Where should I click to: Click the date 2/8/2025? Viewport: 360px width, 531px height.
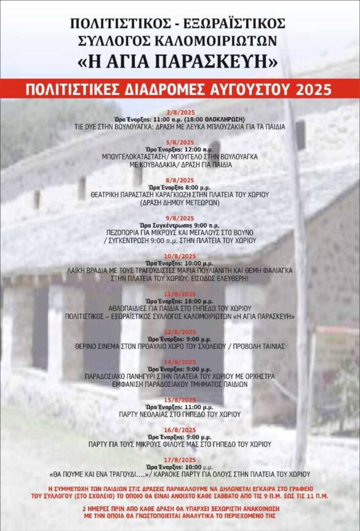[x=180, y=112]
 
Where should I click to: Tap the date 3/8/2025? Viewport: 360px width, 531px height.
[x=180, y=142]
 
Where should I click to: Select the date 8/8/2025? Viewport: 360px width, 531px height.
[x=180, y=180]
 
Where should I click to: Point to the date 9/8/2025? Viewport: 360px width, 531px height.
[x=180, y=217]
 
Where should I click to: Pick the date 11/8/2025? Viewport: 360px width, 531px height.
[x=180, y=293]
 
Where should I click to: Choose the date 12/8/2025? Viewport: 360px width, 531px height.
[x=180, y=332]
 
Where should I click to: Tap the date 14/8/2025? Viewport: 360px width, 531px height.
[x=180, y=362]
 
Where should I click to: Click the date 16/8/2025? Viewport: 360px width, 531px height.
[x=180, y=429]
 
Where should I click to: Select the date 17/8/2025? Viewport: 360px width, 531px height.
[x=180, y=460]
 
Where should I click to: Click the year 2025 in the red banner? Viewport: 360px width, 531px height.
[x=313, y=89]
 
